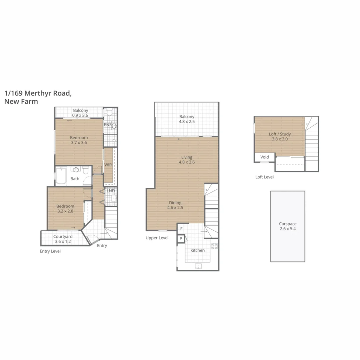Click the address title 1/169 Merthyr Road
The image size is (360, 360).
(x=37, y=93)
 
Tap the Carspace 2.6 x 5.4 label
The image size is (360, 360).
(x=287, y=226)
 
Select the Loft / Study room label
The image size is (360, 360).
(x=280, y=137)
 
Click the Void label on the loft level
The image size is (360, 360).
(x=264, y=157)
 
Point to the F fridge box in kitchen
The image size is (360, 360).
(x=181, y=229)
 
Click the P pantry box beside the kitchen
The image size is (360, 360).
(x=181, y=239)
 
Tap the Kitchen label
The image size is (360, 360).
(x=197, y=250)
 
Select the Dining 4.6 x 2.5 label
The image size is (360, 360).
(x=175, y=205)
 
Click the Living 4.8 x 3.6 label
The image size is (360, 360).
(x=187, y=160)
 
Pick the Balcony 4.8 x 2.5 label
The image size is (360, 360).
(x=187, y=119)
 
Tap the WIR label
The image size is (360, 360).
(x=108, y=165)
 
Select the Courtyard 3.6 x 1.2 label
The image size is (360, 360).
(x=63, y=239)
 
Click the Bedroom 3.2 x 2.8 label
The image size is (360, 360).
(x=65, y=208)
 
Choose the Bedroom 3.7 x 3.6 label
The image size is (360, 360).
(x=79, y=140)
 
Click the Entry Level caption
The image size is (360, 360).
(x=50, y=251)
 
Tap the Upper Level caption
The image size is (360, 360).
(x=157, y=238)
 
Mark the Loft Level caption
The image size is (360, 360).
(x=264, y=177)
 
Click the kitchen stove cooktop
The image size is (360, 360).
(x=214, y=246)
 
